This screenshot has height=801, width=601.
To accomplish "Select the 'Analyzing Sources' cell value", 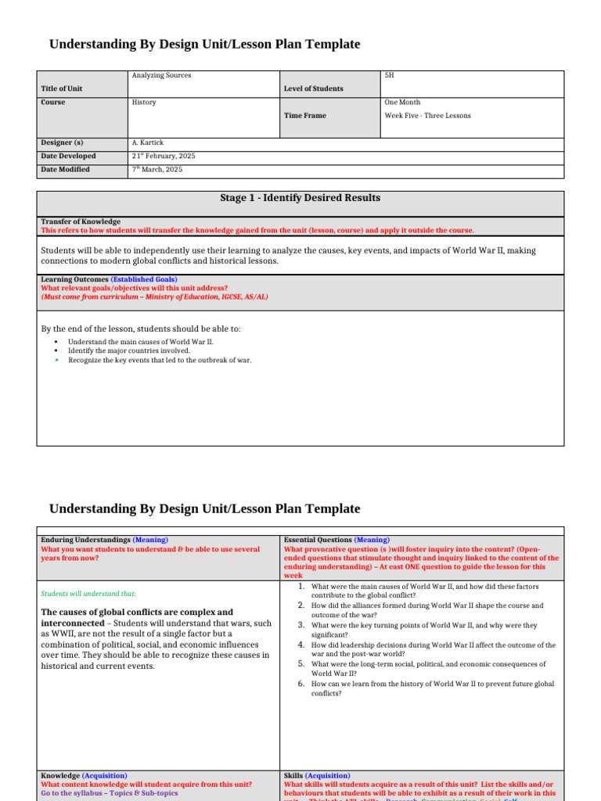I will click(x=162, y=76).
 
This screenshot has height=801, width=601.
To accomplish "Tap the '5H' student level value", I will click(x=390, y=76).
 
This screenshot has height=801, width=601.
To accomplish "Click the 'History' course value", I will click(x=144, y=102).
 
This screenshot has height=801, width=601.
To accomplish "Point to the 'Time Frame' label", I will click(x=305, y=116).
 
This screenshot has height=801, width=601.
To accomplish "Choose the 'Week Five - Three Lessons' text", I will click(x=428, y=116).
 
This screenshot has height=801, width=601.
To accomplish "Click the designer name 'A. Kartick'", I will click(x=149, y=143).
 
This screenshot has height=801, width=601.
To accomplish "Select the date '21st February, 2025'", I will click(x=164, y=156).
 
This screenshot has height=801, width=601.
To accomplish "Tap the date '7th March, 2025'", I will click(x=157, y=170).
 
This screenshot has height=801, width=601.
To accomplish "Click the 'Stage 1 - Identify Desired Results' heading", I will click(x=300, y=198).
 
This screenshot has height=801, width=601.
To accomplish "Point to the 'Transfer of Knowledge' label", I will click(x=81, y=222).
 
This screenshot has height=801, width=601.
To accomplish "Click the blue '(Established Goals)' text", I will click(x=144, y=279).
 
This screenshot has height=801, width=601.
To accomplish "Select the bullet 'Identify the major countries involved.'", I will click(x=129, y=351).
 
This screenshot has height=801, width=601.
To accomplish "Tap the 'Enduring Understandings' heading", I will click(x=85, y=540).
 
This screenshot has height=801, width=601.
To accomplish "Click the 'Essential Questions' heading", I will click(x=318, y=540).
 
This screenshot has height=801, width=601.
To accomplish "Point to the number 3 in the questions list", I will click(x=300, y=625).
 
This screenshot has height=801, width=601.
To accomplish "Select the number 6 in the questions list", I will click(x=300, y=684).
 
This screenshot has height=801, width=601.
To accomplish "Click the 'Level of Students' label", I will click(x=313, y=89).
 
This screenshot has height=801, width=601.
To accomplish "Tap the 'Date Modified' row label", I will click(x=65, y=170).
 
